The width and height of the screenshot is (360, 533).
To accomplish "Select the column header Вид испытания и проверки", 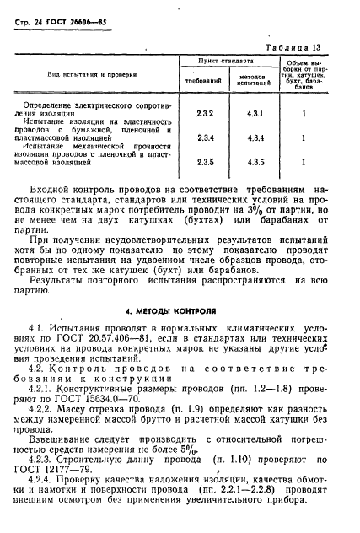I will click(92, 75).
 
